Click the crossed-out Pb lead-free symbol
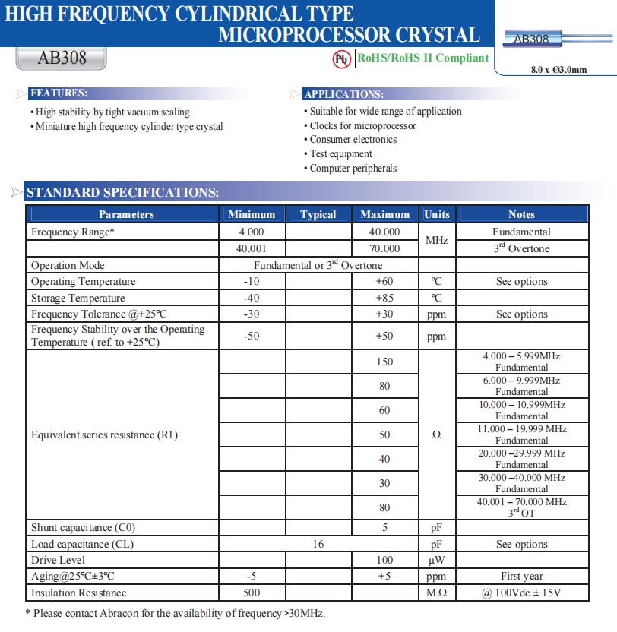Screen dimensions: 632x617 (x=342, y=58)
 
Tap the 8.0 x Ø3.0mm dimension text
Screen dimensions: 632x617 (x=558, y=70)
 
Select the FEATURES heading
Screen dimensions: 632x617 (x=58, y=93)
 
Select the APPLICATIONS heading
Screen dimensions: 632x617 (x=343, y=94)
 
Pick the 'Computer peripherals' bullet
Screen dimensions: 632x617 (x=353, y=169)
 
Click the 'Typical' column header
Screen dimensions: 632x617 (x=318, y=215)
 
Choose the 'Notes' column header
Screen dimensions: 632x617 (x=521, y=215)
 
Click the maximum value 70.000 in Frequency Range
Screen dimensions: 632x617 (x=384, y=248)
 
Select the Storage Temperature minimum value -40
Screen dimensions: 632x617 (x=252, y=298)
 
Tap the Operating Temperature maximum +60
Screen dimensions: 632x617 (x=384, y=282)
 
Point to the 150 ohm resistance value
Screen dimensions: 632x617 (x=384, y=362)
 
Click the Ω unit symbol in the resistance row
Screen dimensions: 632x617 (x=436, y=435)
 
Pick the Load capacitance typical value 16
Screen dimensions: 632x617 (x=318, y=544)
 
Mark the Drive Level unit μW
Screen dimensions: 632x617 (x=436, y=560)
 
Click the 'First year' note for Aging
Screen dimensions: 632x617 (x=521, y=577)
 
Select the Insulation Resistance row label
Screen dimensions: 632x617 (x=79, y=592)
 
